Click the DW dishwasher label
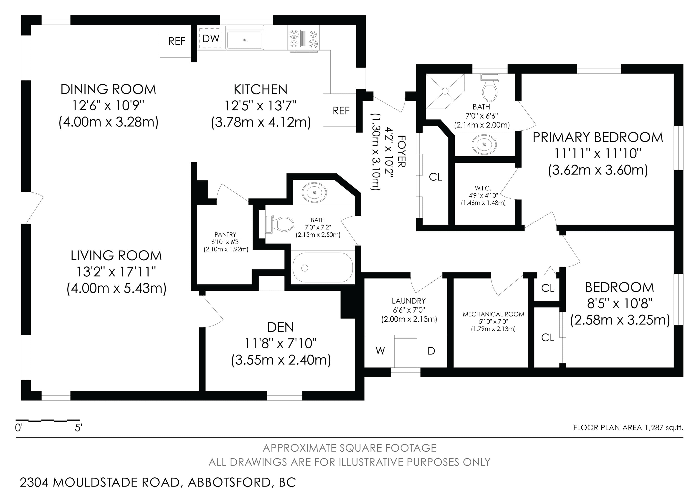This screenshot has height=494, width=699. pos(211,38)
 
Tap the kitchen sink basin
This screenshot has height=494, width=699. pos(245,40)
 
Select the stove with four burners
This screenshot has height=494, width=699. pos(304,39)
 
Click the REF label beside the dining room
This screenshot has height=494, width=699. pos(177,41)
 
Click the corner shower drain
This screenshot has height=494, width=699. pos(445,91)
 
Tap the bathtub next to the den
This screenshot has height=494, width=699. pos(323,268)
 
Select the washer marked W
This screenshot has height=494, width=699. pos(380,351)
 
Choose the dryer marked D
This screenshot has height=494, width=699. pos(431,351)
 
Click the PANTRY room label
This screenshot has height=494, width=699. pos(225,235)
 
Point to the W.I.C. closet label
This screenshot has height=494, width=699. pos(483,188)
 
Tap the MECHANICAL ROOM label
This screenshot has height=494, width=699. pos(494,314)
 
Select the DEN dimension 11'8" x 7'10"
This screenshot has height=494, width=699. pos(281,344)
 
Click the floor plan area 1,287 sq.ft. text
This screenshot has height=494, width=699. pos(628,428)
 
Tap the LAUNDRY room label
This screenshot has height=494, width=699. pos(409,301)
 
